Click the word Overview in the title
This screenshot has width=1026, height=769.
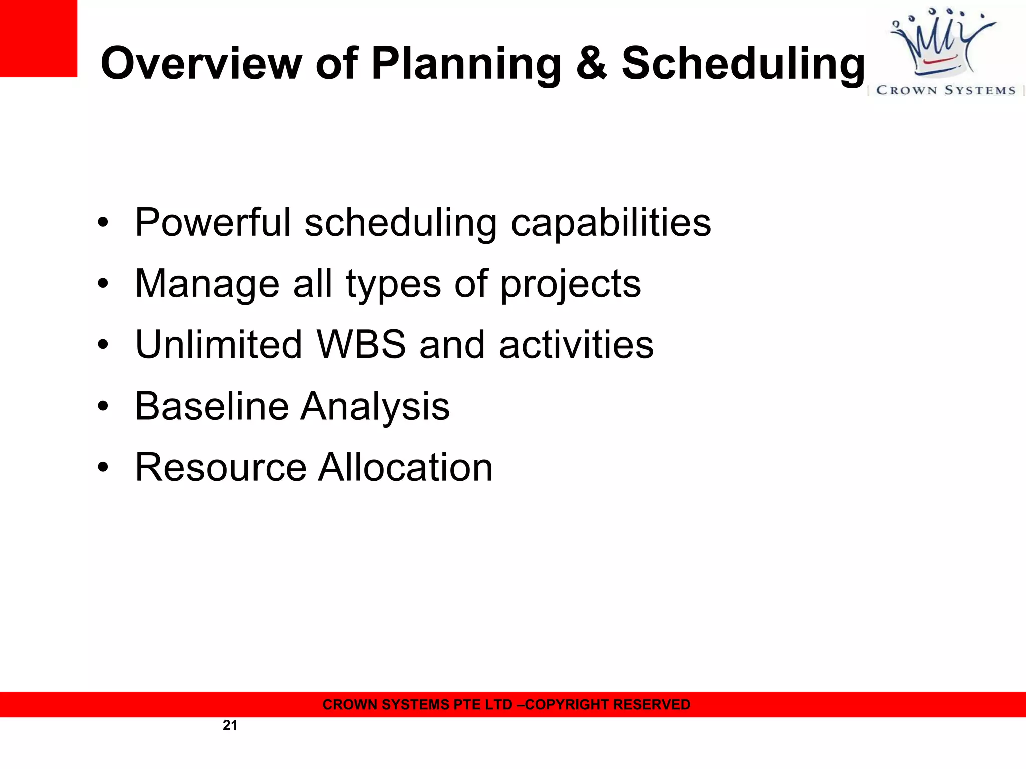tap(200, 63)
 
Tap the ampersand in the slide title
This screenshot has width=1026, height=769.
tap(591, 63)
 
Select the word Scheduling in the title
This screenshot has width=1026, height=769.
tap(743, 64)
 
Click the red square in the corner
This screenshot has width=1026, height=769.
tap(38, 38)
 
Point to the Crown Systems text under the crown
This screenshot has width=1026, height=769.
tap(946, 90)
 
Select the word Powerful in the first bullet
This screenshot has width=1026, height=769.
tap(213, 222)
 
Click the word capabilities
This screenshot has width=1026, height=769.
tap(611, 223)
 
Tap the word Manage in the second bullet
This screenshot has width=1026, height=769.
tap(207, 284)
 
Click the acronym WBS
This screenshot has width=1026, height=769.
tap(361, 344)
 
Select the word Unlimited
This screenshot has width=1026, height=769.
tap(218, 344)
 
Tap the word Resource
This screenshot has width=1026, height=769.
tap(220, 467)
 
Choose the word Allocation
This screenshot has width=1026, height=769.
tap(406, 467)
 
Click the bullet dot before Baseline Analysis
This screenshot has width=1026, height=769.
tap(103, 406)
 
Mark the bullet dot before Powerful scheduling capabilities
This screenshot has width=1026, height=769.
tap(103, 223)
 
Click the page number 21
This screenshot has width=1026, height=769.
tap(230, 725)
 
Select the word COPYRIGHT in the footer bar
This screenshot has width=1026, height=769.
tap(567, 704)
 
